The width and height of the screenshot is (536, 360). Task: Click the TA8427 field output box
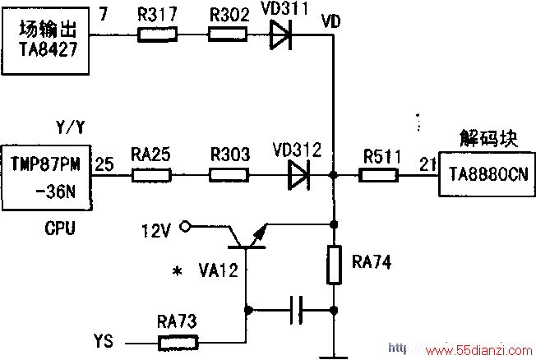point(45,41)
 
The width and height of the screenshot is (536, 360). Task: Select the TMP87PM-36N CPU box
point(47,178)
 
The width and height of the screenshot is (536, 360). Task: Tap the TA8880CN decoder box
point(487,174)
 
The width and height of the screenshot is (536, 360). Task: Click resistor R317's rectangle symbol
point(157,35)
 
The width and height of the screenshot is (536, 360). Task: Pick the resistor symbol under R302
point(228,35)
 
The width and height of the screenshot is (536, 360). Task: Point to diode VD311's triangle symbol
point(280,35)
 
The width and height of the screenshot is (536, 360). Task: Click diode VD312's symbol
point(298,175)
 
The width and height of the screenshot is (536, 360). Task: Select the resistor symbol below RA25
point(151,175)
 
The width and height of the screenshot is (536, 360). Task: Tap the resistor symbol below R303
point(229,175)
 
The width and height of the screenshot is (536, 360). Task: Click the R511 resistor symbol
point(378,175)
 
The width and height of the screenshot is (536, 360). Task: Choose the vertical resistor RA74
point(334,265)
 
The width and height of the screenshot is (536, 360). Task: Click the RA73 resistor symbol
point(178,343)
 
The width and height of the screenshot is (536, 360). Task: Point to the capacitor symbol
point(297,310)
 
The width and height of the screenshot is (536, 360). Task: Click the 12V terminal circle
point(185,226)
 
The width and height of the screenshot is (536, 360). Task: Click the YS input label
point(104,341)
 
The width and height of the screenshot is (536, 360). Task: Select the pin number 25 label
point(104,164)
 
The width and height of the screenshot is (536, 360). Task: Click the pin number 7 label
point(104,14)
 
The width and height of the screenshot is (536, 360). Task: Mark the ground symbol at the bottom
point(334,358)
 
